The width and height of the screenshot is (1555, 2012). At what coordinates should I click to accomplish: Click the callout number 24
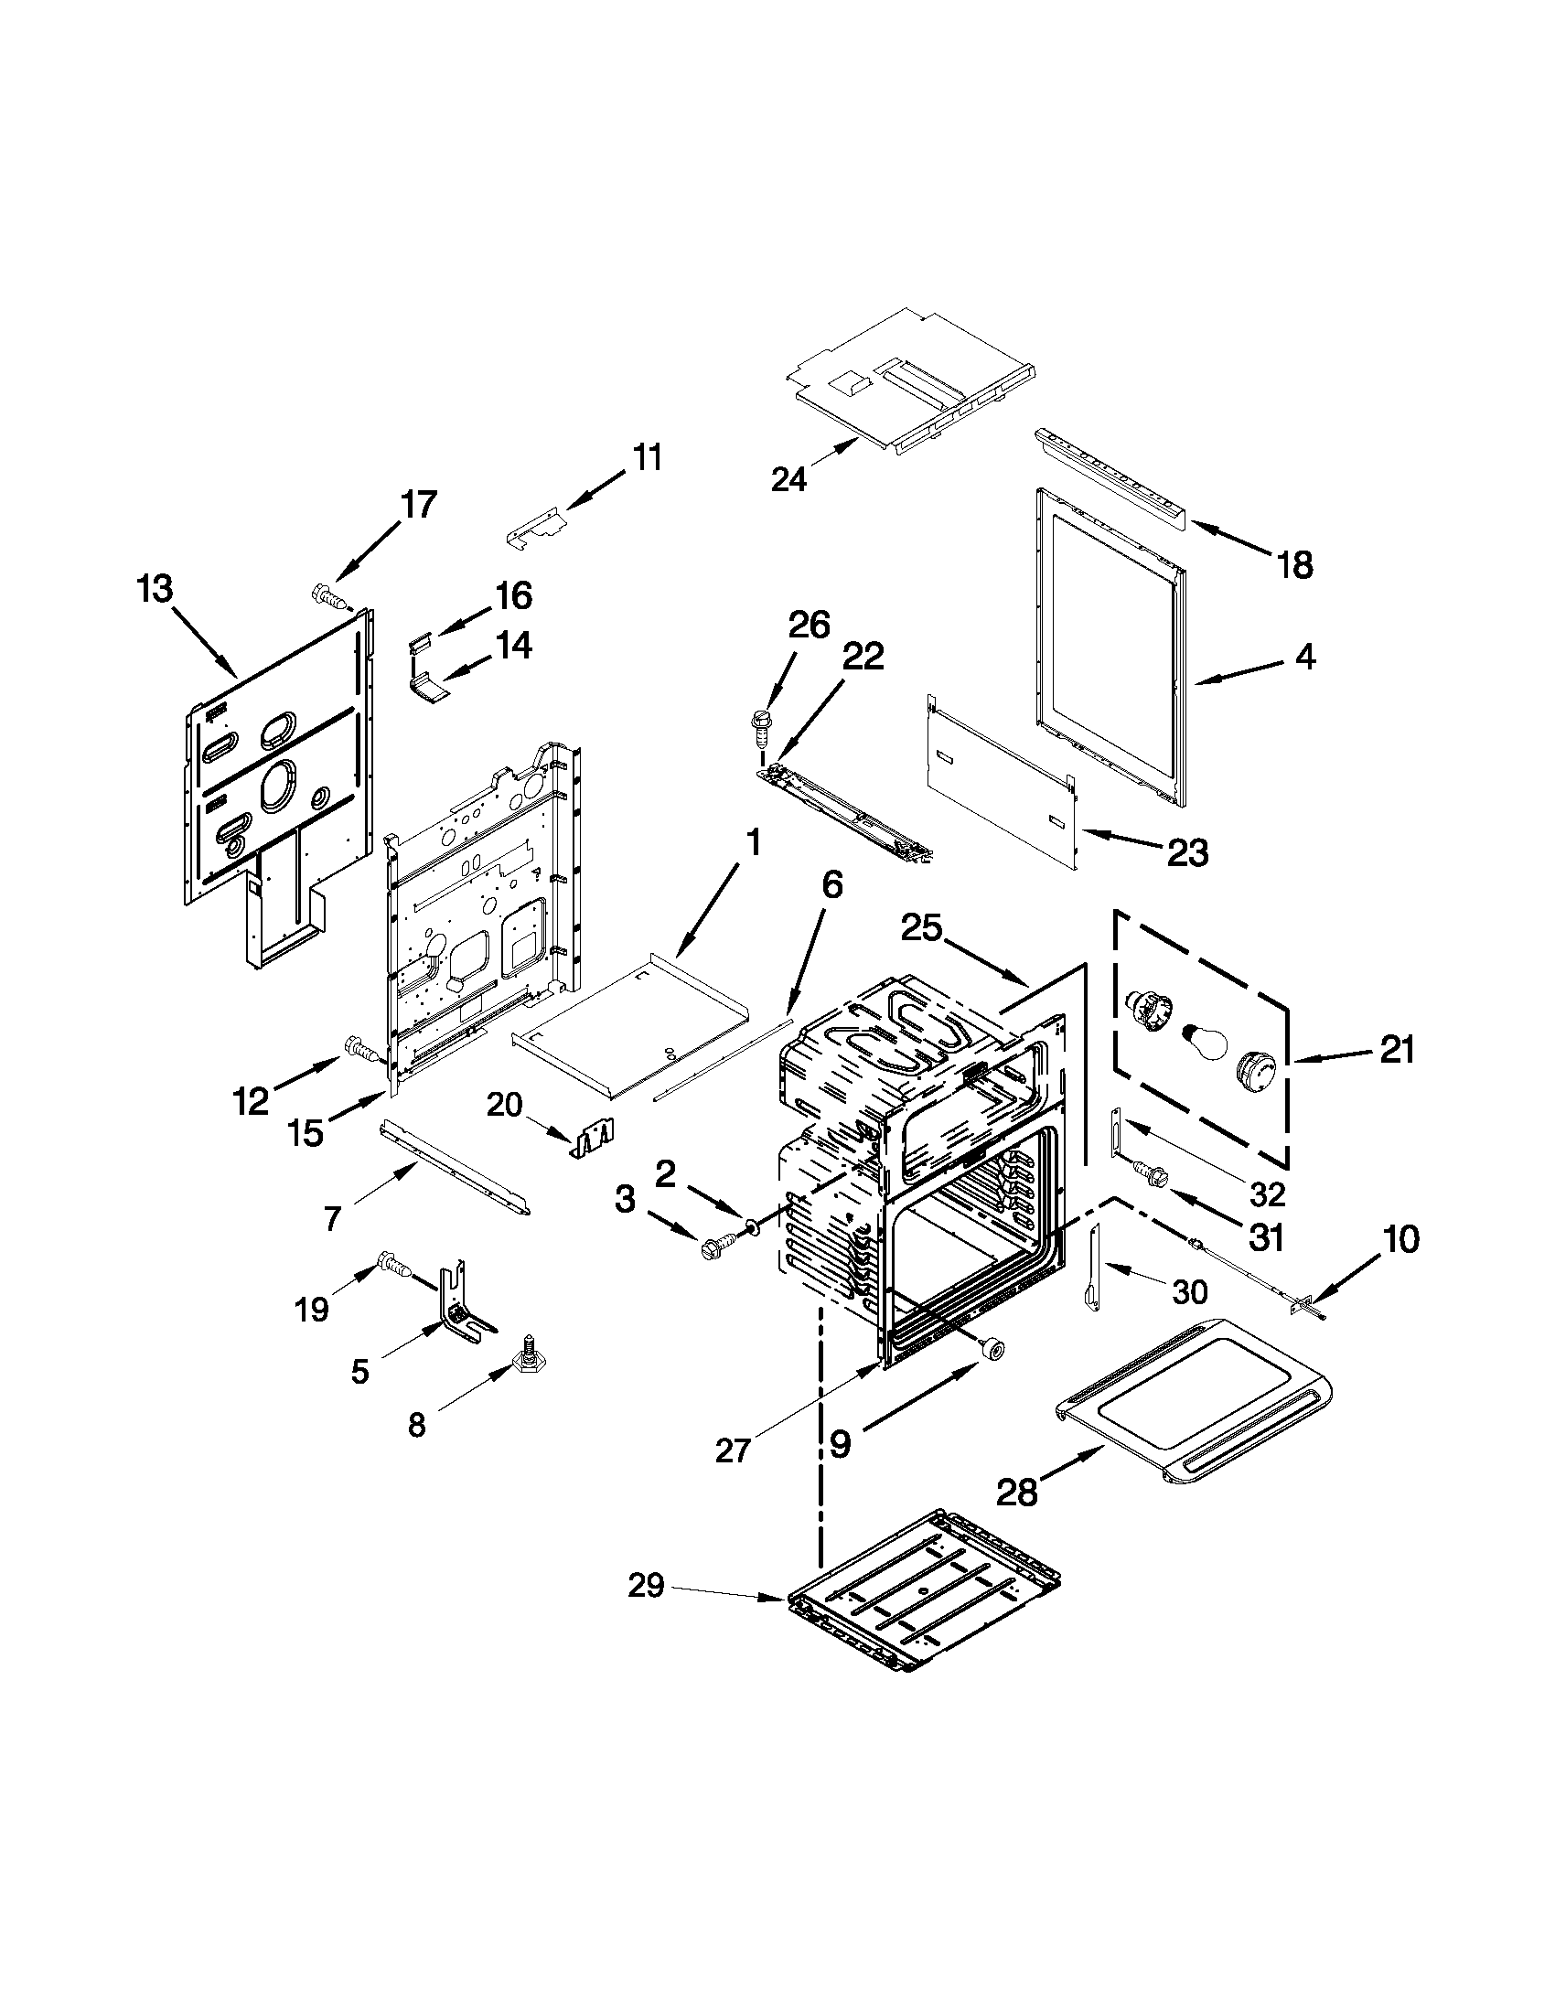coord(788,479)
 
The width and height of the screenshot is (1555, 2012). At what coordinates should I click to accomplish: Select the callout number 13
coord(155,589)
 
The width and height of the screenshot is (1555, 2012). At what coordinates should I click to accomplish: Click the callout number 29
coord(646,1587)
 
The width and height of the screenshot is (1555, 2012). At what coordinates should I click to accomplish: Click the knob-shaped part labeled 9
coord(992,1349)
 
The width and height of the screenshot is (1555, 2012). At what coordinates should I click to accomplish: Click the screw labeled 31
coord(1152,1172)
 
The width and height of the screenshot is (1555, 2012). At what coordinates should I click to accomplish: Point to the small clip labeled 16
coord(421,641)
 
